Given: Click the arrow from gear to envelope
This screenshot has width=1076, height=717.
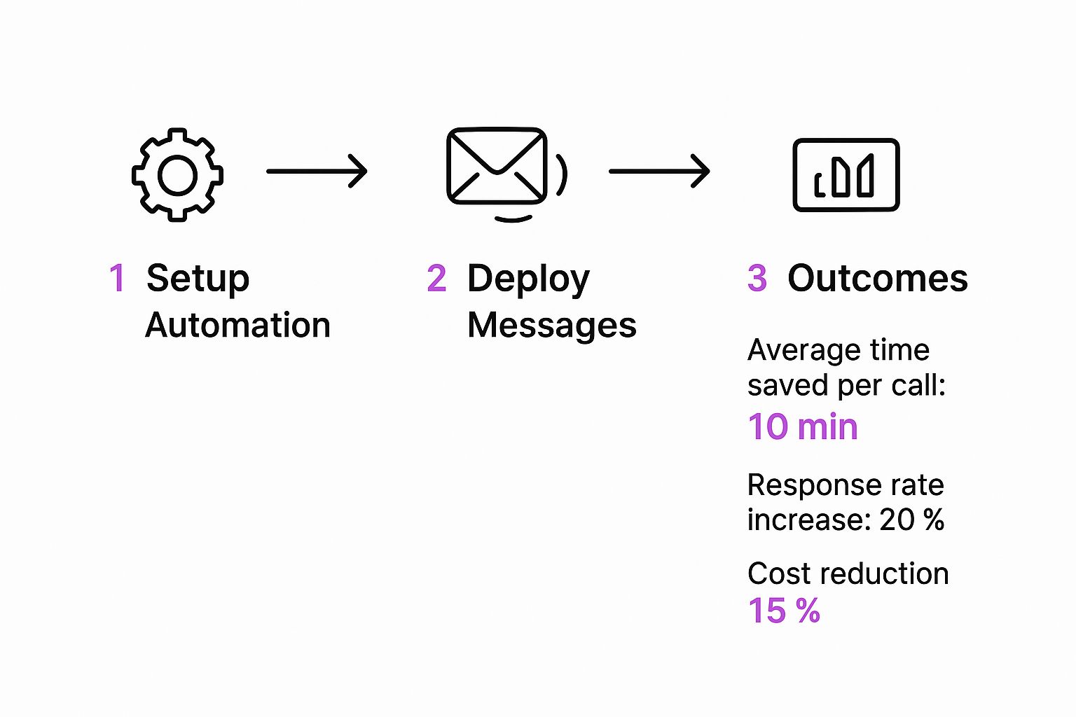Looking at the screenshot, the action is coord(317,171).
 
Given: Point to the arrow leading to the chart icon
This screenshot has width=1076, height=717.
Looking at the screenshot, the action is coord(659,171).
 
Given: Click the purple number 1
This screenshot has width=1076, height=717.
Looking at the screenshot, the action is coord(118,277).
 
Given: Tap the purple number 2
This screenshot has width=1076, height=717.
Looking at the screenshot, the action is coord(436,277).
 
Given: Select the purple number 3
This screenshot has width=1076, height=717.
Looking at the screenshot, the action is coord(757,277).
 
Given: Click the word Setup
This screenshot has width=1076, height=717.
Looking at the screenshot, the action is coord(198,279).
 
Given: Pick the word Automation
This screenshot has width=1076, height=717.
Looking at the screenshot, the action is coord(237,325).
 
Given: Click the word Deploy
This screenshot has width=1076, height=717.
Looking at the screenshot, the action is coord(528,279).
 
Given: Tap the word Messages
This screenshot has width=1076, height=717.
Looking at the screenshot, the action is coord(552,325).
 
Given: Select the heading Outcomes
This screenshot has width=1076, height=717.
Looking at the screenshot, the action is coord(878,278).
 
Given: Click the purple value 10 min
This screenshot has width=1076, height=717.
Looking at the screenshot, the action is coord(803,426).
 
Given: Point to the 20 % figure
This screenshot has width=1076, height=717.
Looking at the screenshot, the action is coord(911,520).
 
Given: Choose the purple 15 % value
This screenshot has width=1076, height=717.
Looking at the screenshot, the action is coord(784,611).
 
